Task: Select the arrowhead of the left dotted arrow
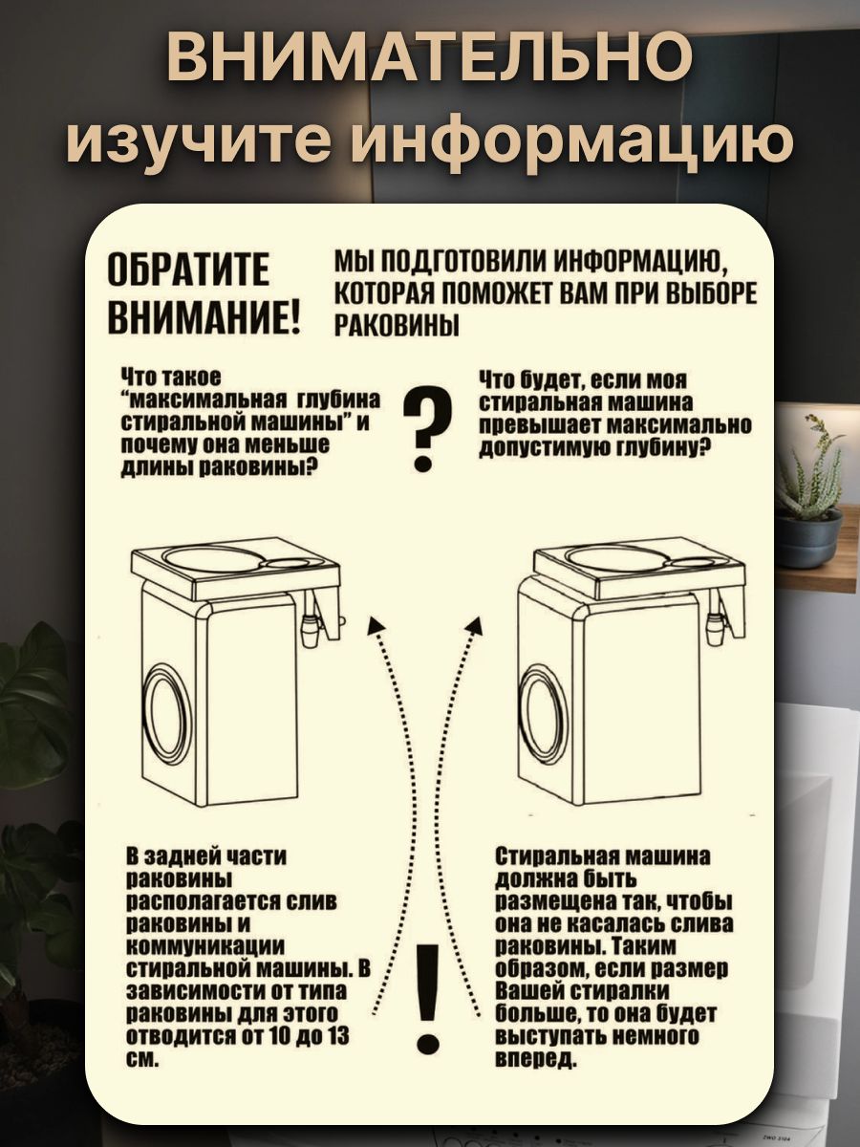pyautogui.click(x=375, y=626)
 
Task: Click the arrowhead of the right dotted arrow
pyautogui.click(x=474, y=626)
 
